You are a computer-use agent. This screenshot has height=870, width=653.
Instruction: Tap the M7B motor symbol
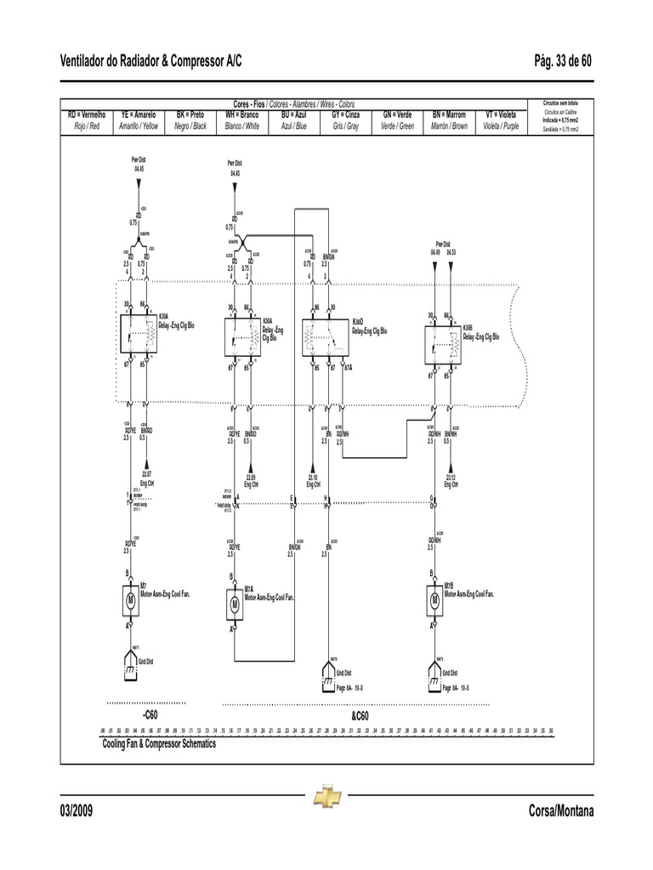click(434, 599)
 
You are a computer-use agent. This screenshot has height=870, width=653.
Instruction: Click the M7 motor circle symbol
click(130, 599)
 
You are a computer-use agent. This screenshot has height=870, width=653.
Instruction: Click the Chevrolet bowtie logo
click(326, 796)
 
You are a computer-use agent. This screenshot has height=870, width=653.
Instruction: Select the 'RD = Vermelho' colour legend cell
click(87, 120)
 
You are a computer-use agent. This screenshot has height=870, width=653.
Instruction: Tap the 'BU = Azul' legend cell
click(293, 120)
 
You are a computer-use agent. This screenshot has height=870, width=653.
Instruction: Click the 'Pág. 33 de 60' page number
click(563, 61)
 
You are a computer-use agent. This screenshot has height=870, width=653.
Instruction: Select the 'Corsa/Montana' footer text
click(559, 811)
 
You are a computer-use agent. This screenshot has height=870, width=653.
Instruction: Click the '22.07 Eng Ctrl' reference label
click(147, 478)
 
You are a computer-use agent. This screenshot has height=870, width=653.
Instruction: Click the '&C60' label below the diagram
click(360, 716)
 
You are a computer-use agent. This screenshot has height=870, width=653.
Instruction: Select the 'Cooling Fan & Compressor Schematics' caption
click(159, 743)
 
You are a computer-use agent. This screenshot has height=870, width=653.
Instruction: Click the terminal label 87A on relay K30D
click(347, 368)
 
